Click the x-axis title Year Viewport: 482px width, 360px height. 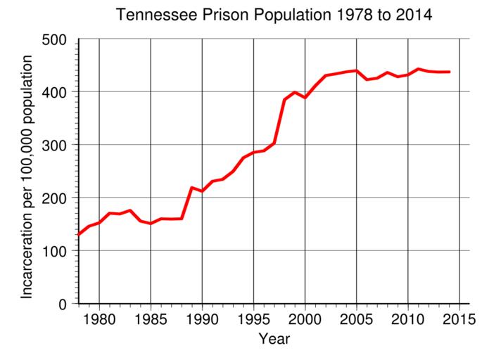(x=274, y=339)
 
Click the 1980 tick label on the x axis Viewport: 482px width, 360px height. (x=99, y=317)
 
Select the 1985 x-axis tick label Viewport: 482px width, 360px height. (x=151, y=317)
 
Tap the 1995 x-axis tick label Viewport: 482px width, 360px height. (x=253, y=317)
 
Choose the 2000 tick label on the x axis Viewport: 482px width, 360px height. (x=305, y=317)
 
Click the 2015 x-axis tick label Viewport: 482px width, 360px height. (x=459, y=317)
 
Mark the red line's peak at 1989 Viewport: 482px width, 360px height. (x=191, y=188)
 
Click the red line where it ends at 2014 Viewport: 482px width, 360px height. (x=449, y=72)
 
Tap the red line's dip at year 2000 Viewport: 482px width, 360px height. (x=305, y=97)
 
